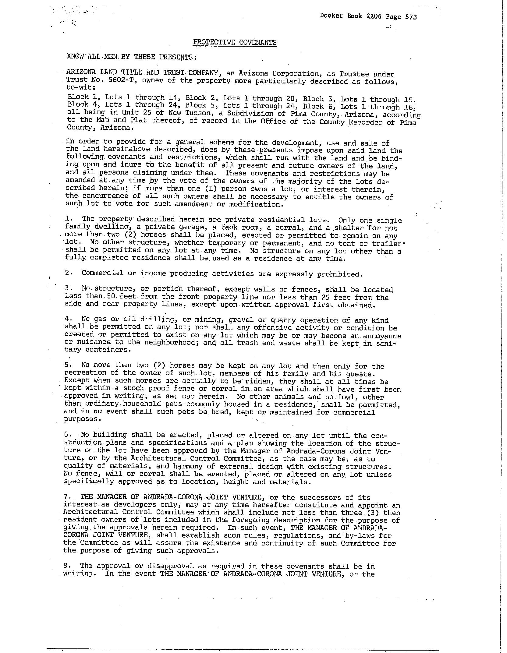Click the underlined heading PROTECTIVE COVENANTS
click(235, 42)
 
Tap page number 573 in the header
click(411, 17)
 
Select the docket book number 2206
click(374, 16)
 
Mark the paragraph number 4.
click(67, 319)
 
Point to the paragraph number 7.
click(66, 497)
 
